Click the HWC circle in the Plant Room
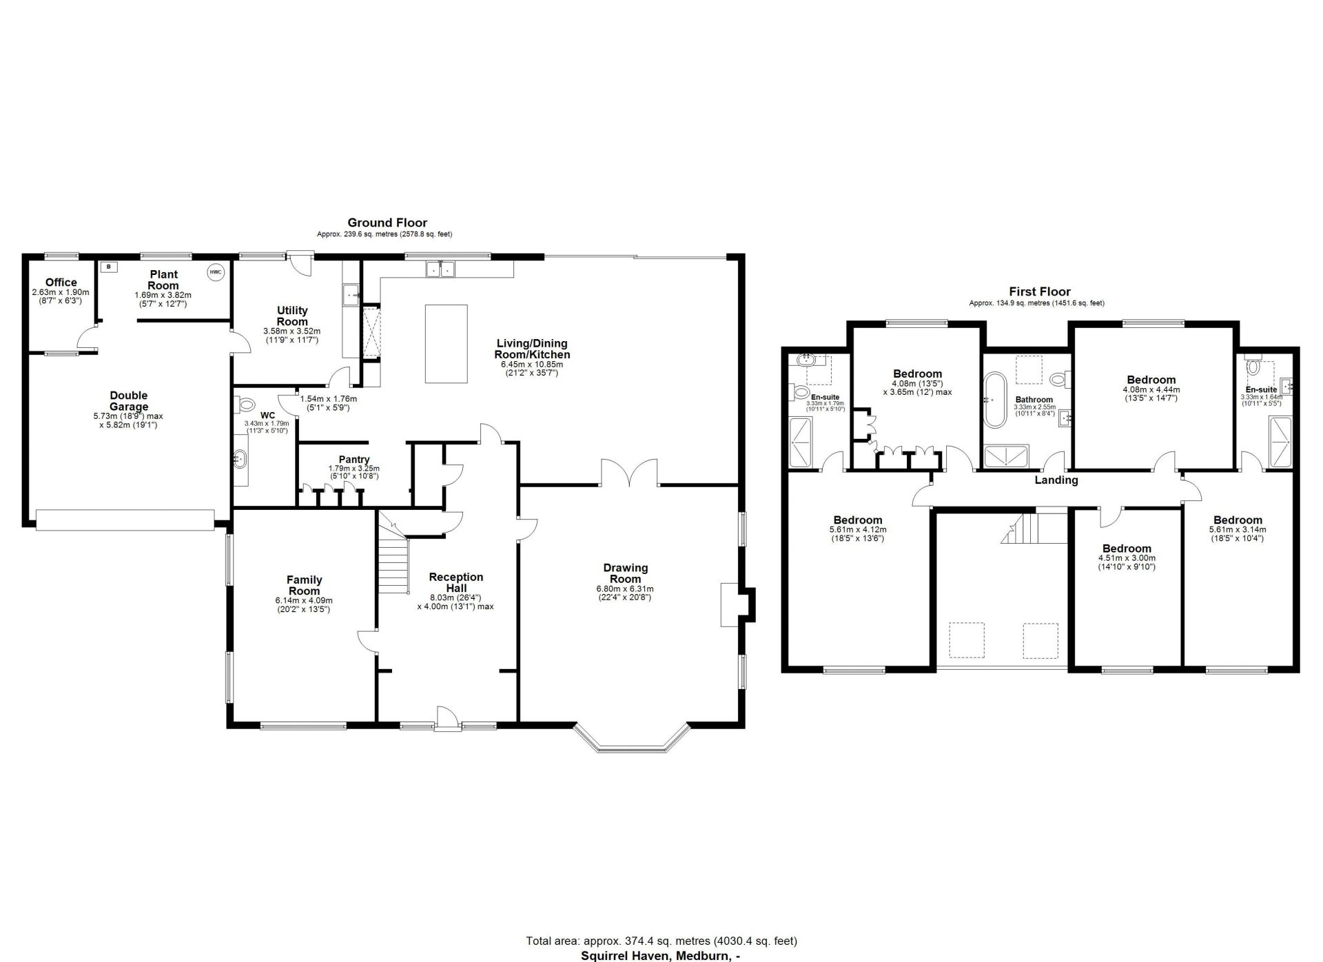pos(216,272)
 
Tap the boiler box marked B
pos(109,265)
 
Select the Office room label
pos(61,283)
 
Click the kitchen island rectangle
pos(446,343)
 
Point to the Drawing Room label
pos(626,573)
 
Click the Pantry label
pos(354,460)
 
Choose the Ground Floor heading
pos(387,223)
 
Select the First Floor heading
pos(1040,291)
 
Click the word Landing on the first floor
pos(1056,480)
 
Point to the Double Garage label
pos(129,401)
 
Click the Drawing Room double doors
pos(630,471)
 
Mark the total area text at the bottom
pos(661,941)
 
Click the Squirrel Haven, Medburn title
pos(661,956)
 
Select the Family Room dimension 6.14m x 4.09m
pos(304,601)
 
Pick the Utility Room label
pos(292,316)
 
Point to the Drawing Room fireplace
pos(738,604)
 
